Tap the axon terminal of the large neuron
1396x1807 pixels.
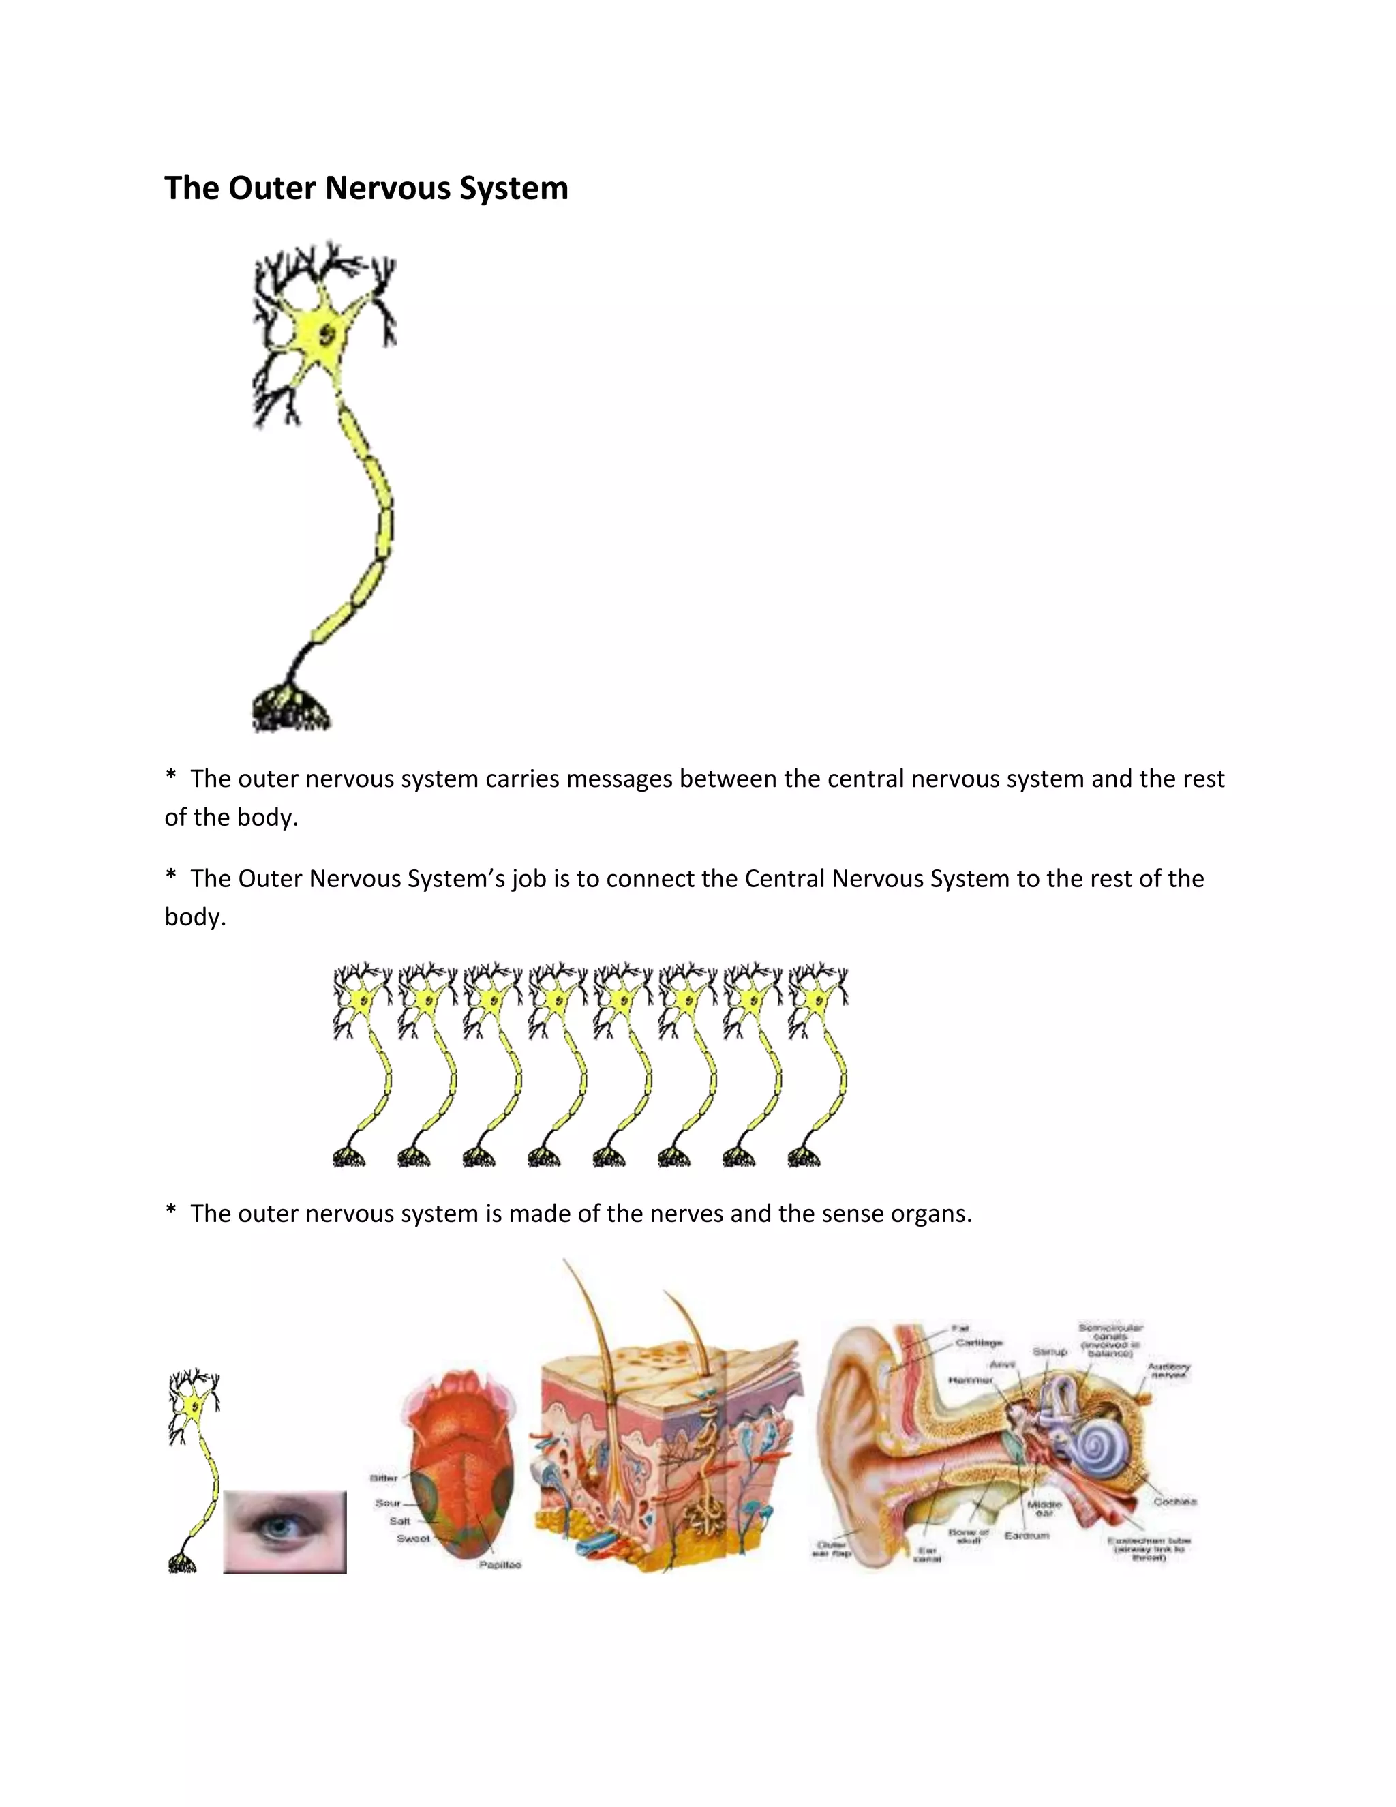coord(290,710)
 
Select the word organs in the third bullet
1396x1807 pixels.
coord(930,1213)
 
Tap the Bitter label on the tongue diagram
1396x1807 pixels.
coord(384,1478)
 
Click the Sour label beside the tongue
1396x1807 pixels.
coord(387,1502)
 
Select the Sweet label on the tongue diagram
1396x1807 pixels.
coord(412,1538)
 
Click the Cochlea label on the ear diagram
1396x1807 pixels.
coord(1174,1501)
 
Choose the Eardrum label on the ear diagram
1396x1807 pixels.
coord(1027,1535)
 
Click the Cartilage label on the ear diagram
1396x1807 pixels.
coord(978,1343)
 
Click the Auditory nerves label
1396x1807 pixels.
coord(1168,1370)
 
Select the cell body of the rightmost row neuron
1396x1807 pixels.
coord(818,1002)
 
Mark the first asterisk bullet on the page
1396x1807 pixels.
coord(171,777)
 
